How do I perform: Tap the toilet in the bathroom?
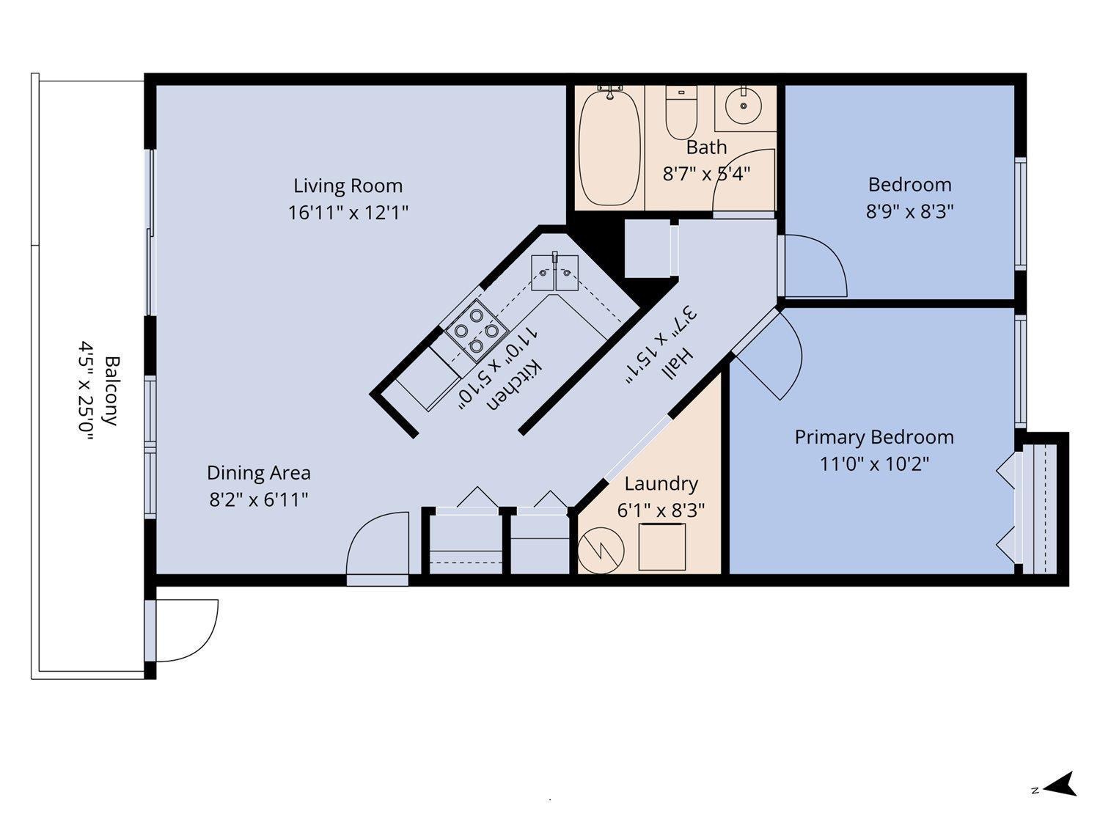click(x=681, y=112)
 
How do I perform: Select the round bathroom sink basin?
click(x=743, y=106)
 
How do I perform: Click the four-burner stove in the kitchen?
click(x=476, y=331)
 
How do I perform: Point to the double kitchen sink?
click(x=554, y=273)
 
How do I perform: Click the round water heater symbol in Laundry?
click(x=601, y=551)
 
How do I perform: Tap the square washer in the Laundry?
click(x=662, y=546)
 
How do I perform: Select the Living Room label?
click(x=348, y=186)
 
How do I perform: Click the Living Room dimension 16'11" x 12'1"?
click(x=348, y=213)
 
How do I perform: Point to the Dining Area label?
click(x=259, y=473)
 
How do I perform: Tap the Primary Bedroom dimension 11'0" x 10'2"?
click(x=874, y=464)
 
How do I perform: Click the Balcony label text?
click(x=111, y=391)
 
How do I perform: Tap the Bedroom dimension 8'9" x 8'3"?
click(x=909, y=211)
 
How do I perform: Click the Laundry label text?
click(x=661, y=484)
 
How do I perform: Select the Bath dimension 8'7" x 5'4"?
click(x=706, y=174)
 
